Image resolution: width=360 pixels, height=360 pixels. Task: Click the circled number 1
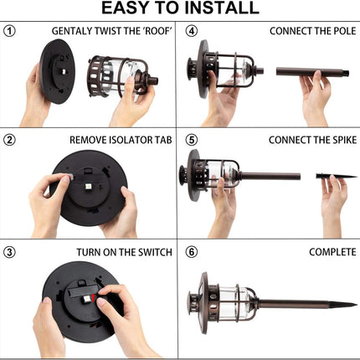tap(9, 31)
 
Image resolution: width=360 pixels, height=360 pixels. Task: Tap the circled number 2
tap(9, 140)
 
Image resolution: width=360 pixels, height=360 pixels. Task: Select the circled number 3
tap(9, 252)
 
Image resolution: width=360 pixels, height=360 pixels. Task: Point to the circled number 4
tap(192, 31)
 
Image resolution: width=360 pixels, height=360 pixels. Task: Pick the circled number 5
tap(192, 140)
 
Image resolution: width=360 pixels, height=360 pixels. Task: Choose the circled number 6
tap(192, 252)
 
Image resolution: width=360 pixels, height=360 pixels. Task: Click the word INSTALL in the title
tap(222, 8)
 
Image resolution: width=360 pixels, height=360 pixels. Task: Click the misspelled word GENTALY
tap(72, 31)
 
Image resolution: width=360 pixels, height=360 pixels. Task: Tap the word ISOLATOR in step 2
tap(130, 140)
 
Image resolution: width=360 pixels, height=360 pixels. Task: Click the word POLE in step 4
tap(345, 31)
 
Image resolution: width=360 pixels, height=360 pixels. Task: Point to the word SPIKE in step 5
tap(342, 140)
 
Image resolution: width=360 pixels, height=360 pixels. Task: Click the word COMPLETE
tap(332, 252)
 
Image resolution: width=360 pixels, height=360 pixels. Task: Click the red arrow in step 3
tap(93, 298)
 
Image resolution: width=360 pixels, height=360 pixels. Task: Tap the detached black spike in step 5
tap(337, 176)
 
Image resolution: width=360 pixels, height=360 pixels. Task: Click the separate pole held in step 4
tap(312, 72)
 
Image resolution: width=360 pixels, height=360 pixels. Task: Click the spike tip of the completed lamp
tap(356, 305)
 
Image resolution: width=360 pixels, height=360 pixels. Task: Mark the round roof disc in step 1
tap(58, 71)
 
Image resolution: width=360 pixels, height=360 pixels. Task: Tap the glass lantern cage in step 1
tap(123, 77)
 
